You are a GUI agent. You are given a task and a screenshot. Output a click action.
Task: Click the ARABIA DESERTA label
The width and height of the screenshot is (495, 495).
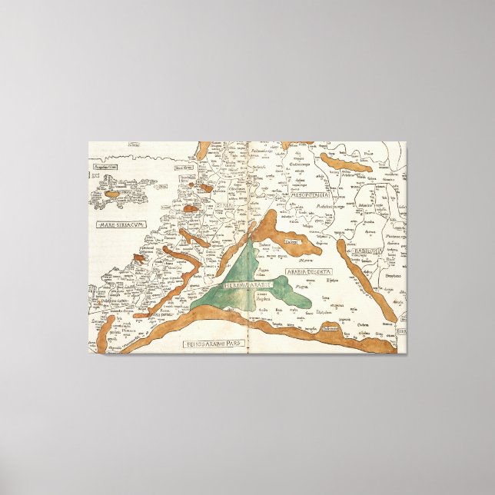pyautogui.click(x=307, y=271)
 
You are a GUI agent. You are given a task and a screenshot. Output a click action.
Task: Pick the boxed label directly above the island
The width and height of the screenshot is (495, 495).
pyautogui.click(x=108, y=164)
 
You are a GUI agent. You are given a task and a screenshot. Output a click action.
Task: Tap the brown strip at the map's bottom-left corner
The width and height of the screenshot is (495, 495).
pyautogui.click(x=108, y=331)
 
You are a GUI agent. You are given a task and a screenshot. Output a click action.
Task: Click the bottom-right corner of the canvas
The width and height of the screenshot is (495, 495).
pyautogui.click(x=407, y=353)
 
